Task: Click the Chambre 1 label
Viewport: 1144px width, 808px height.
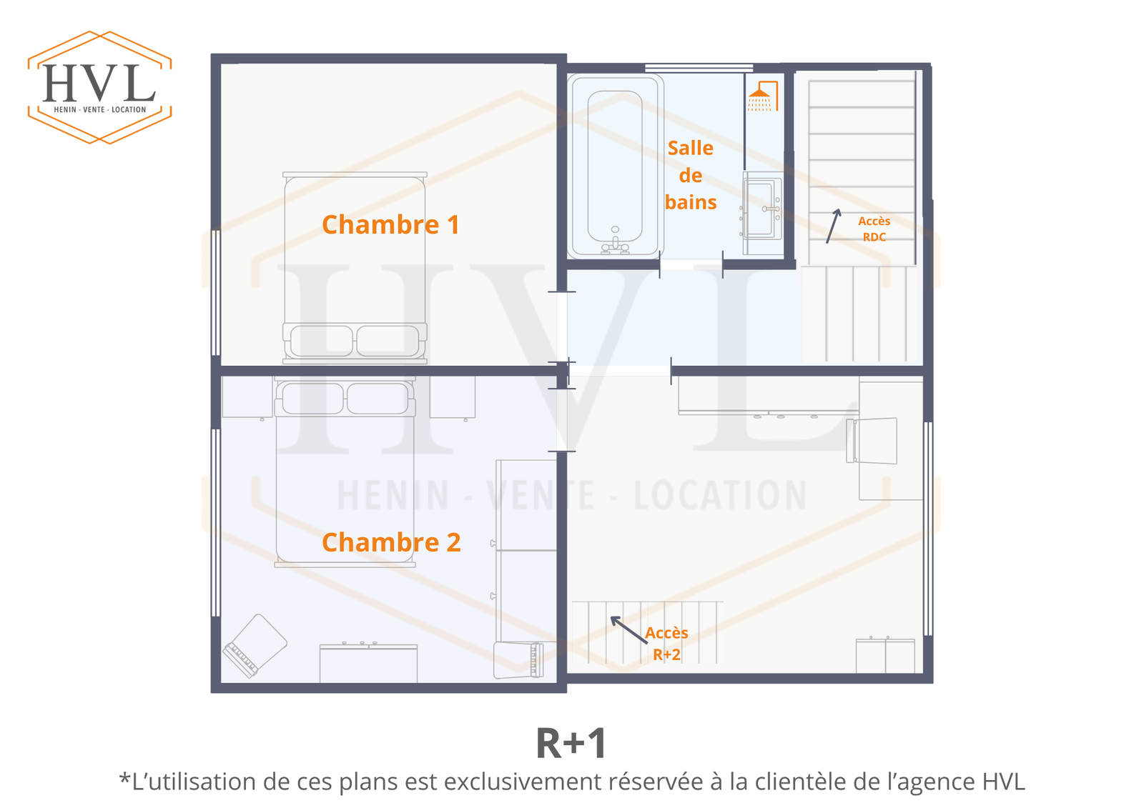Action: click(390, 225)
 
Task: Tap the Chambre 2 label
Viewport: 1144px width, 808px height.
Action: click(391, 542)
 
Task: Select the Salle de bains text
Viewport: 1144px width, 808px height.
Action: click(691, 175)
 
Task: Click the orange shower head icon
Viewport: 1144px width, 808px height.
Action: click(762, 96)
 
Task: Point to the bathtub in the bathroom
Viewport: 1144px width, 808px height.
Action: click(616, 166)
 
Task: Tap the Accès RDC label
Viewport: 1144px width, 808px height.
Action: click(874, 229)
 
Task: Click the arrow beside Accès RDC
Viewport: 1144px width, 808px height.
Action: click(833, 226)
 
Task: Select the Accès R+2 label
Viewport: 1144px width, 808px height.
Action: click(666, 644)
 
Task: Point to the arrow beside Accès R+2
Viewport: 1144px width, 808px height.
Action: click(629, 630)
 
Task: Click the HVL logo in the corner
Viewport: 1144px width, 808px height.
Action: click(99, 87)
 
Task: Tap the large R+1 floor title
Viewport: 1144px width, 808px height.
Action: click(571, 744)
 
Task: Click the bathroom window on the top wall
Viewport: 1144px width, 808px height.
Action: click(699, 68)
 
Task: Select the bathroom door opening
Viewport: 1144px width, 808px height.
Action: click(691, 264)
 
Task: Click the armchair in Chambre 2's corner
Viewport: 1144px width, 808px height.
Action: click(255, 646)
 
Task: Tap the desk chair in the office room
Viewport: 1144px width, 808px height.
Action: click(872, 441)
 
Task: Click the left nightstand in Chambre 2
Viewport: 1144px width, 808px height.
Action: click(247, 398)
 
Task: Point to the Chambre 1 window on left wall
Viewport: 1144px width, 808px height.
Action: click(215, 293)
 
